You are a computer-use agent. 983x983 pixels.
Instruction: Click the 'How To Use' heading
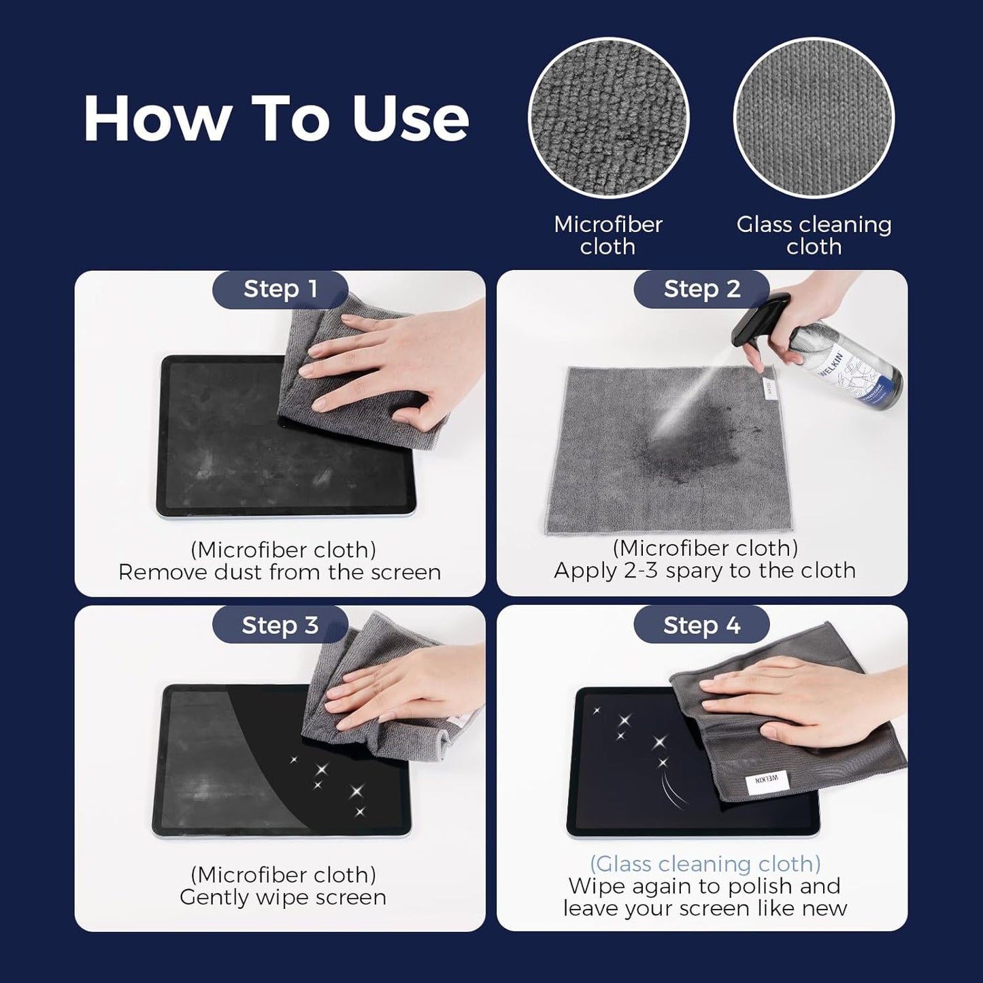[x=276, y=118]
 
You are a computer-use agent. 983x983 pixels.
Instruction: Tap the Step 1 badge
[x=280, y=289]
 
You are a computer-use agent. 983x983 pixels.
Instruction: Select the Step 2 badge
[x=701, y=289]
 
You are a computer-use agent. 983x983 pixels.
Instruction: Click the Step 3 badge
[x=280, y=625]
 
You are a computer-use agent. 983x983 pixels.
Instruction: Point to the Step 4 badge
[x=701, y=625]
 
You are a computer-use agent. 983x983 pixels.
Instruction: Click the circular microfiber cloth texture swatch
[x=608, y=118]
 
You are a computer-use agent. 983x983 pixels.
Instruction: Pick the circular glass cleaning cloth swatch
[x=814, y=118]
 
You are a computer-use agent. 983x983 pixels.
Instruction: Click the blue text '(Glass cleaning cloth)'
[x=705, y=864]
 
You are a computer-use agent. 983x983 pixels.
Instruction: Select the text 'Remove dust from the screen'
[x=280, y=572]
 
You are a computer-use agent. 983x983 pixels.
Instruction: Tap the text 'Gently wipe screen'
[x=283, y=897]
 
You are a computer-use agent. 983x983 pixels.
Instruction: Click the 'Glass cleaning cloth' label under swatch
[x=814, y=235]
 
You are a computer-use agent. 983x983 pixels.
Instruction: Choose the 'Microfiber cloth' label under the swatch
[x=608, y=235]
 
